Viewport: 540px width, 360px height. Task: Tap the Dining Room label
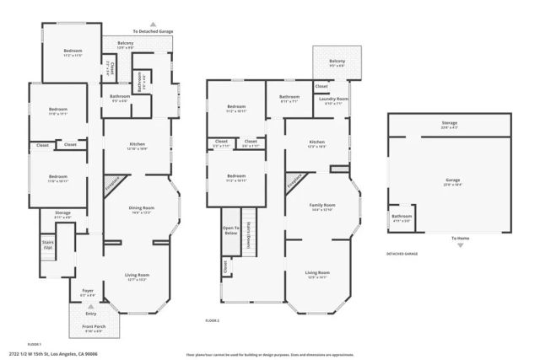click(x=141, y=207)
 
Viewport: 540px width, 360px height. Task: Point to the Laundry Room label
click(x=333, y=99)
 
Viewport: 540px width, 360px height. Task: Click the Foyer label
click(x=88, y=293)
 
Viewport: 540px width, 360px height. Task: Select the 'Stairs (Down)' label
click(x=249, y=239)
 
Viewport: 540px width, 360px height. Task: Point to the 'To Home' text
click(x=458, y=238)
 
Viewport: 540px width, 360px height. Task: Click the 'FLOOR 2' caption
click(x=212, y=320)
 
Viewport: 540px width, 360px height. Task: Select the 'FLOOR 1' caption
click(x=35, y=344)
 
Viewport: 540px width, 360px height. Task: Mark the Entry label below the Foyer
click(x=90, y=313)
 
